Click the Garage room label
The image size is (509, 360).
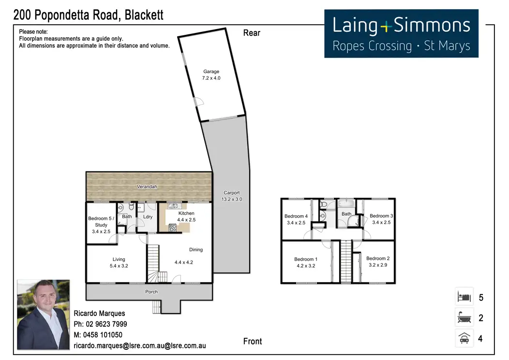[x=211, y=72]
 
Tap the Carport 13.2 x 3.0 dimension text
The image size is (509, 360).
[x=231, y=199]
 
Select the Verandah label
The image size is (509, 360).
[x=147, y=187]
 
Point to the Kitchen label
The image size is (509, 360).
[x=186, y=213]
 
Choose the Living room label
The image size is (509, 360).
[x=119, y=259]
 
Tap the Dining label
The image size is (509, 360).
[x=196, y=250]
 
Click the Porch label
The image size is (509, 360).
[x=151, y=292]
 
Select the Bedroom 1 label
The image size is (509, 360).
[x=306, y=259]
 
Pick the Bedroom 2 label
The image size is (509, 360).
[x=378, y=258]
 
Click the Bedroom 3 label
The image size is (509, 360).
[x=381, y=216]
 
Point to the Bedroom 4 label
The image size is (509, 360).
[x=296, y=216]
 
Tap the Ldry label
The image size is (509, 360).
[x=148, y=217]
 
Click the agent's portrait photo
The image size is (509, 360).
[x=44, y=315]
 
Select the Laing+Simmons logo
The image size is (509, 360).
[x=401, y=33]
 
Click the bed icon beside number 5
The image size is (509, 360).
[x=464, y=297]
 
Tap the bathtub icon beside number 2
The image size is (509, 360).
[x=464, y=318]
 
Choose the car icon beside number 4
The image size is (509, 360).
[x=464, y=338]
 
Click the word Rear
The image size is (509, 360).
[x=252, y=33]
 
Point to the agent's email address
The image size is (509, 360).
[x=140, y=346]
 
